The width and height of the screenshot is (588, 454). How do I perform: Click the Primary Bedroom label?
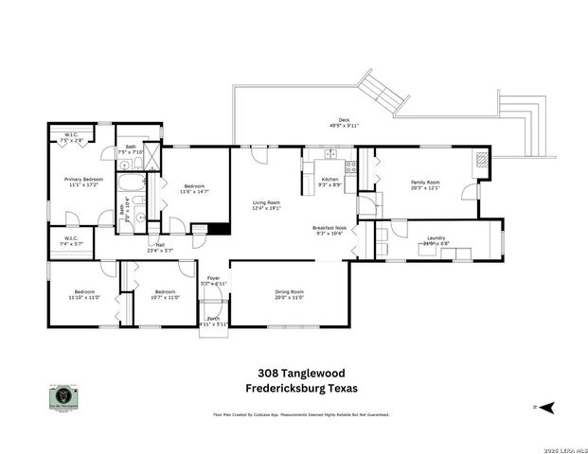[83, 179]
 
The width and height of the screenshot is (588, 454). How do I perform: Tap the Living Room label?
[266, 202]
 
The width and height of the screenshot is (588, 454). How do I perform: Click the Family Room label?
[425, 182]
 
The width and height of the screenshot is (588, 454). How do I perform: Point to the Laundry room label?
[437, 238]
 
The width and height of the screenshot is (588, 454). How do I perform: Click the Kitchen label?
[330, 179]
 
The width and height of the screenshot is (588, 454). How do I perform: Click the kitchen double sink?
[330, 153]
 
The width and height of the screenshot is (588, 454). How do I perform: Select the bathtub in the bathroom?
[132, 182]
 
